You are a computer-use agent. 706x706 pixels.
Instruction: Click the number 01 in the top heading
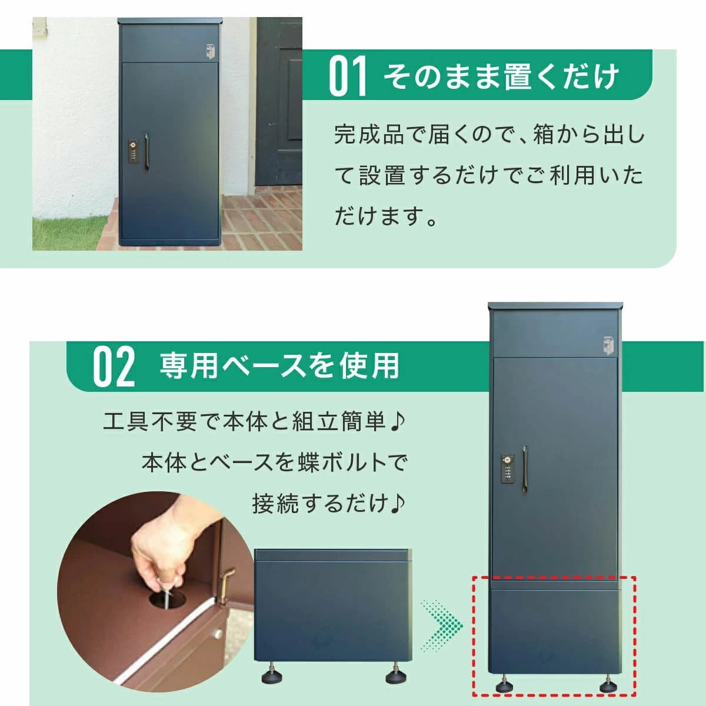348,76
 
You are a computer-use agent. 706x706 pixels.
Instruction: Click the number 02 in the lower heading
114,367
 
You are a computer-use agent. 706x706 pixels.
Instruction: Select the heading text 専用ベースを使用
279,365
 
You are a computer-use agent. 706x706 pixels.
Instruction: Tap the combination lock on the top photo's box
135,151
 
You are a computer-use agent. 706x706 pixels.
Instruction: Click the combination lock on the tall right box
508,468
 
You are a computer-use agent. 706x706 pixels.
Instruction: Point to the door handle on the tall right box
525,466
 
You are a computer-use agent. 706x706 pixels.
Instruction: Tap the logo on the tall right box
607,345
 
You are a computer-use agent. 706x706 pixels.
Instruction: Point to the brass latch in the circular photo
225,582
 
